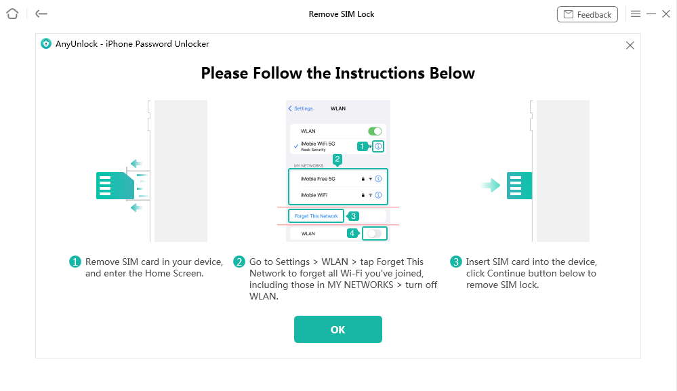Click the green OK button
[x=337, y=329]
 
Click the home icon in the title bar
[x=12, y=14]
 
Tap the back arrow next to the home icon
[x=41, y=14]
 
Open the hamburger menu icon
[x=636, y=14]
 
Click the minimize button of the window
[x=651, y=14]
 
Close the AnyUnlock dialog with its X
[x=630, y=45]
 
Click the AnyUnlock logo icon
[x=46, y=43]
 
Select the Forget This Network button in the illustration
[x=316, y=215]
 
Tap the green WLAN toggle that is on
[x=375, y=131]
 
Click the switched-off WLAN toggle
[x=374, y=234]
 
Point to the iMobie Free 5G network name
[x=318, y=179]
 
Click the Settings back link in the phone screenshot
[x=300, y=108]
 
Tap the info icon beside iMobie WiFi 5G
[x=378, y=146]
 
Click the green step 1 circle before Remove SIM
[x=75, y=262]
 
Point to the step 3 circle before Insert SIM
[x=456, y=262]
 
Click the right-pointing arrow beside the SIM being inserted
[x=491, y=186]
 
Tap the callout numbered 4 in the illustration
[x=352, y=234]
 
